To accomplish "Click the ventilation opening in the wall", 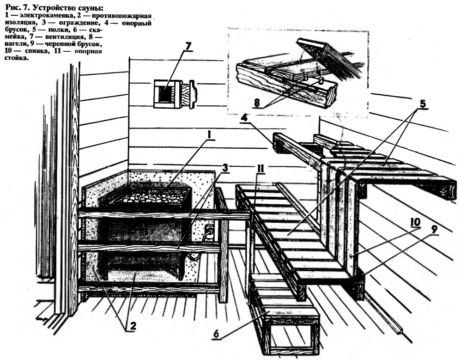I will (x=165, y=93).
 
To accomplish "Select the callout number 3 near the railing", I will (x=225, y=168).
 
